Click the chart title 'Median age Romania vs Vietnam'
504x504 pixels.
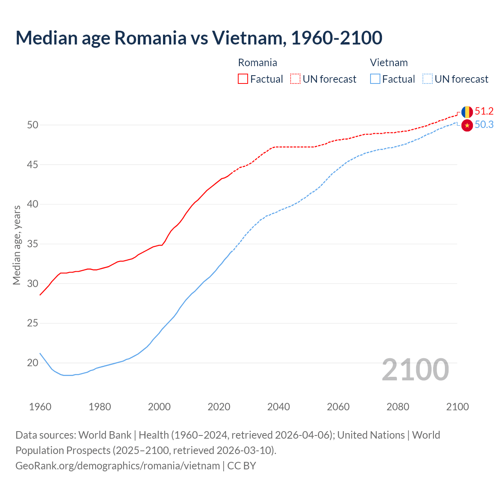pyautogui.click(x=198, y=38)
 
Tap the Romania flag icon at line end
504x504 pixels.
pyautogui.click(x=467, y=112)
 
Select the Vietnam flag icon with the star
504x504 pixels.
pyautogui.click(x=467, y=125)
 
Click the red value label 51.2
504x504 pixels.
pyautogui.click(x=484, y=111)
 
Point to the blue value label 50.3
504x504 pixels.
pyautogui.click(x=484, y=125)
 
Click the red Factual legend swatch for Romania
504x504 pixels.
pyautogui.click(x=243, y=79)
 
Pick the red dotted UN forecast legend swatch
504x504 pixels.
pyautogui.click(x=295, y=79)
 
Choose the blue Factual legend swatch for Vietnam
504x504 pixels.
pyautogui.click(x=375, y=79)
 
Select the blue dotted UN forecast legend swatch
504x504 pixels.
pyautogui.click(x=428, y=79)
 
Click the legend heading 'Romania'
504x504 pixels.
pyautogui.click(x=258, y=63)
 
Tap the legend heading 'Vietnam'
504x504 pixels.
pyautogui.click(x=389, y=63)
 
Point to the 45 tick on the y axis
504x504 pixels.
pyautogui.click(x=32, y=165)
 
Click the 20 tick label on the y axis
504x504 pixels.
pyautogui.click(x=32, y=363)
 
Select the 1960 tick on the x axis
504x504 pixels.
pyautogui.click(x=40, y=407)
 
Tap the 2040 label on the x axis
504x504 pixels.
pyautogui.click(x=278, y=407)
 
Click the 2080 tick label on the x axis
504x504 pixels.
pyautogui.click(x=398, y=407)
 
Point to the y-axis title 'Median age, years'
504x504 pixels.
pyautogui.click(x=17, y=245)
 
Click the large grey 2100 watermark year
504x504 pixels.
pyautogui.click(x=415, y=369)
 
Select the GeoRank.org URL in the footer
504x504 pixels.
pyautogui.click(x=117, y=465)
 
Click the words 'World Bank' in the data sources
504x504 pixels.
pyautogui.click(x=105, y=435)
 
